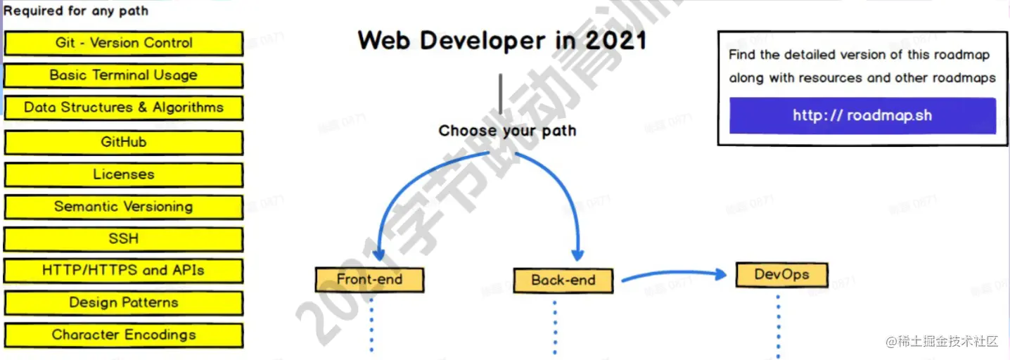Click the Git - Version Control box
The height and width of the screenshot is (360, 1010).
[124, 43]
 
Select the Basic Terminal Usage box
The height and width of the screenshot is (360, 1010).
[124, 75]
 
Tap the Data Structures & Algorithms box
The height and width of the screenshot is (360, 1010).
[124, 108]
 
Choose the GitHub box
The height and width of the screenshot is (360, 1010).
[124, 142]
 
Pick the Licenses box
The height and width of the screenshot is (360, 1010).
[124, 174]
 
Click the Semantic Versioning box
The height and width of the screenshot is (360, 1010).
[124, 207]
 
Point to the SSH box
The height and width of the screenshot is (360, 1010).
[124, 239]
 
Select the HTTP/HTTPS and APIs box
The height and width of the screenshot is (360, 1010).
[124, 271]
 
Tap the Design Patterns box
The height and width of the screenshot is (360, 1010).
[124, 303]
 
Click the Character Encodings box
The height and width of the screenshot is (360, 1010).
[124, 335]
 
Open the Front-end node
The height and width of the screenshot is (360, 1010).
[369, 279]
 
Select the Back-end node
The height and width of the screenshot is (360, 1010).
[563, 280]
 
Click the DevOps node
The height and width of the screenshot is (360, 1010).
[781, 274]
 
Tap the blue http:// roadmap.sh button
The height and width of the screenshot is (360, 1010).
[862, 115]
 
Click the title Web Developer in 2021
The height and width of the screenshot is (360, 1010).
[501, 40]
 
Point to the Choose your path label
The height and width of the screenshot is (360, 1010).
[507, 131]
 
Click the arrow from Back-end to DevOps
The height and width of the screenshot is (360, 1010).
[672, 274]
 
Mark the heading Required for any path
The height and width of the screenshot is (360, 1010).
[76, 11]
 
